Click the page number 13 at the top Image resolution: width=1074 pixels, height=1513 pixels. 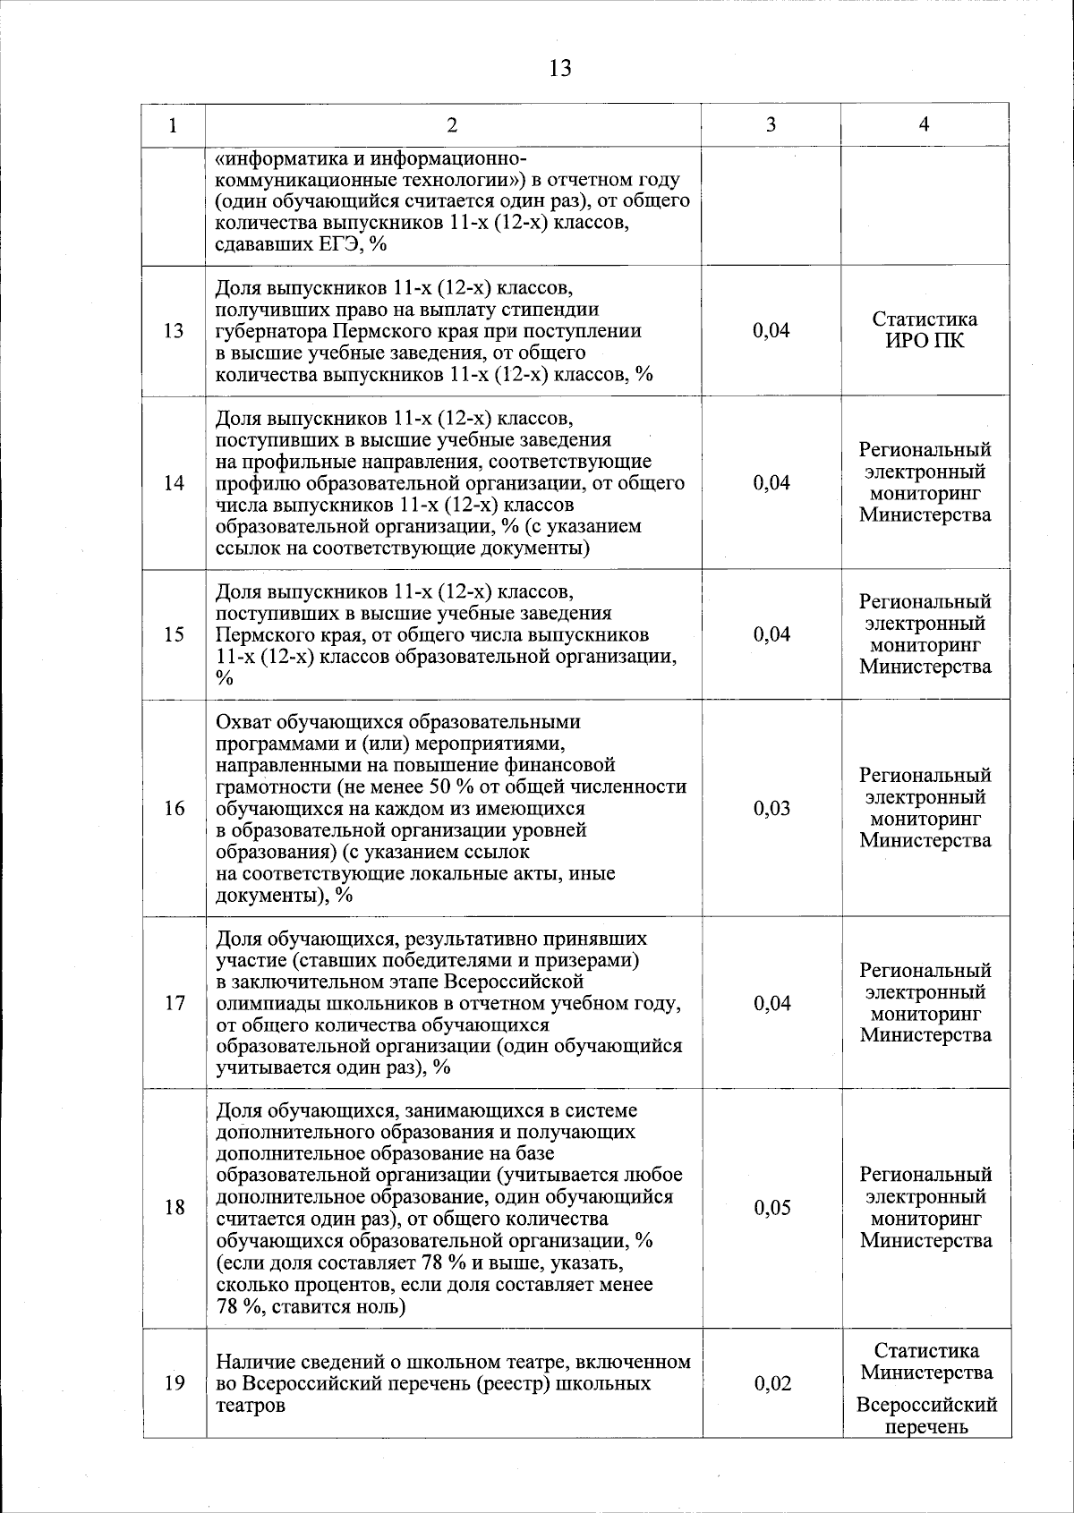pyautogui.click(x=560, y=68)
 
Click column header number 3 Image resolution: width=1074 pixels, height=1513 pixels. pyautogui.click(x=771, y=125)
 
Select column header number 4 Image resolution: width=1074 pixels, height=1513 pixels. pyautogui.click(x=925, y=125)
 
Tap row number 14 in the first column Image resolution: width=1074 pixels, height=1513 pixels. pyautogui.click(x=175, y=483)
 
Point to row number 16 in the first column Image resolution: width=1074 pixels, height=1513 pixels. pyautogui.click(x=175, y=809)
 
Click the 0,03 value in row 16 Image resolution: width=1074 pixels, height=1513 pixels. pyautogui.click(x=771, y=809)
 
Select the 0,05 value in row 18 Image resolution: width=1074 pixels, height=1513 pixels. pyautogui.click(x=771, y=1209)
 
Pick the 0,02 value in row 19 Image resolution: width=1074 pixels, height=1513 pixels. pyautogui.click(x=771, y=1384)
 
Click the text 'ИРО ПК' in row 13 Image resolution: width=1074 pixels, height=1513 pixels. pyautogui.click(x=925, y=341)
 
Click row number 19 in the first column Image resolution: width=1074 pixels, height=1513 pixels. pyautogui.click(x=175, y=1384)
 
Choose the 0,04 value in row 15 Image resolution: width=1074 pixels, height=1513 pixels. pyautogui.click(x=771, y=635)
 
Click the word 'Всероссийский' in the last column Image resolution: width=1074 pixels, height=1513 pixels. pyautogui.click(x=926, y=1407)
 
